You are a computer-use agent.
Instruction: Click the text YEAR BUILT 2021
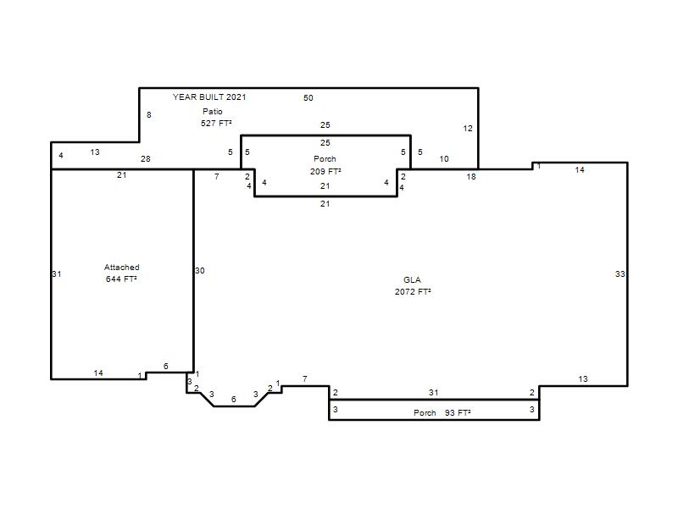tap(209, 97)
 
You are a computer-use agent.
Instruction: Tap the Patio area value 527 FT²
tap(216, 124)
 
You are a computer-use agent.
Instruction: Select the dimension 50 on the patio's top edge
tap(308, 98)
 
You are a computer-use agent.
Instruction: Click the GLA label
tap(412, 280)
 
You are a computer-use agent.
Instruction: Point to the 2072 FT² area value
tap(413, 292)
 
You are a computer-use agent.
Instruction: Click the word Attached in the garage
tap(122, 268)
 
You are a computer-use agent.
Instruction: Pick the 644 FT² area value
tap(121, 279)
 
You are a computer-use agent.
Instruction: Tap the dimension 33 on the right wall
tap(620, 273)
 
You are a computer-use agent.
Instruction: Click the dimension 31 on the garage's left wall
tap(57, 273)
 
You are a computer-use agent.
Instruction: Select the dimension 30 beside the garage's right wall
tap(200, 271)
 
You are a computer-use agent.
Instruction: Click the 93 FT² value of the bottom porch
tap(458, 413)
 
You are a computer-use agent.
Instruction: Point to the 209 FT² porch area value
tap(325, 172)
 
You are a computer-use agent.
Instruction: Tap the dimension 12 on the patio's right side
tap(468, 129)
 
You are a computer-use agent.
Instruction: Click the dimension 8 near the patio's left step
tap(149, 115)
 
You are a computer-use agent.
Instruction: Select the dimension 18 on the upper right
tap(471, 177)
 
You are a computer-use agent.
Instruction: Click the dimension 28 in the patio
tap(145, 159)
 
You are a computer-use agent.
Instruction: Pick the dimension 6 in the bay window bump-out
tap(234, 399)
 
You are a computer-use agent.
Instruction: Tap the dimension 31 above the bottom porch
tap(434, 392)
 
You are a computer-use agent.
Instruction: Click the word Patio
tap(213, 112)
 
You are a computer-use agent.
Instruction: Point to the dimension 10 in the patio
tap(444, 159)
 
